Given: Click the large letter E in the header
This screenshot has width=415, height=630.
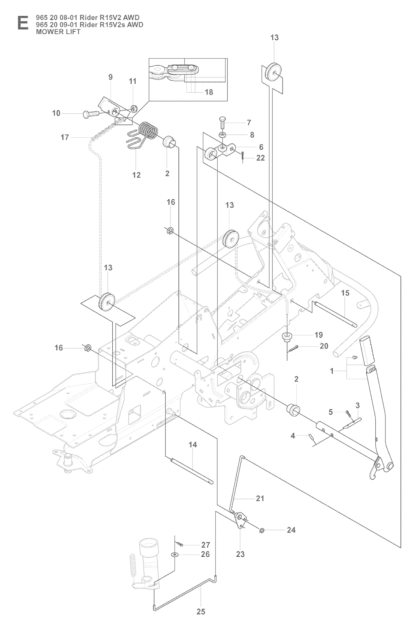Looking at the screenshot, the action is (23, 23).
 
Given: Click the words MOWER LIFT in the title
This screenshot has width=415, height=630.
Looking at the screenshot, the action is (58, 32).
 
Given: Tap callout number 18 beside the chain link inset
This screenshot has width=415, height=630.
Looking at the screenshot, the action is (209, 92).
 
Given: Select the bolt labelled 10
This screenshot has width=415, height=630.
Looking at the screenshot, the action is (90, 114).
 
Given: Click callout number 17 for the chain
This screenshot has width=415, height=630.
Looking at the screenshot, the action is (65, 137).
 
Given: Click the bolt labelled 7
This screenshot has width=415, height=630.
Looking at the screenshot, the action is (222, 122).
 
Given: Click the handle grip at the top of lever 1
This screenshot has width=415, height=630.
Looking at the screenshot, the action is (368, 350).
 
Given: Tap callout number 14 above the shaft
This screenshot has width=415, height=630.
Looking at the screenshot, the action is (193, 445).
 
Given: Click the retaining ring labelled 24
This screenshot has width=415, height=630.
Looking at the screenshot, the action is (262, 530).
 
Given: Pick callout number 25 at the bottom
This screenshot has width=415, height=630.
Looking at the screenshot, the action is (201, 619).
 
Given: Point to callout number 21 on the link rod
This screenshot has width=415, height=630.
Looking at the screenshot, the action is (260, 498).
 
